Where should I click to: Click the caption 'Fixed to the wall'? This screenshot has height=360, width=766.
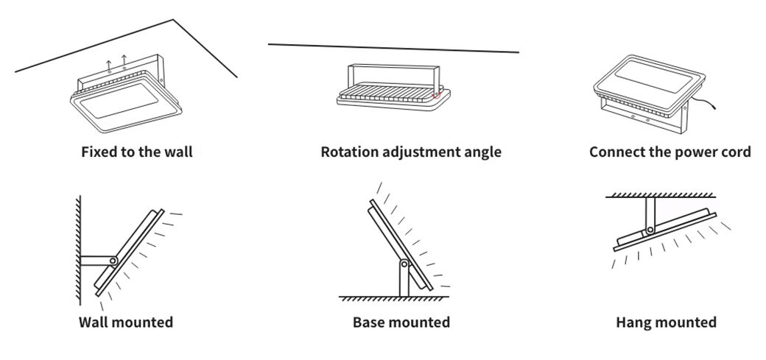tap(137, 152)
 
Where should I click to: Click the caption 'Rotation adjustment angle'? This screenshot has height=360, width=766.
tap(411, 152)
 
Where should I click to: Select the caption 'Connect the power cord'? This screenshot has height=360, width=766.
tap(670, 152)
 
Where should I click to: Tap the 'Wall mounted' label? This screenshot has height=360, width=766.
tap(126, 322)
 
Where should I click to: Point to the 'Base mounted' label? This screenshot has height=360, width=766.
tap(401, 322)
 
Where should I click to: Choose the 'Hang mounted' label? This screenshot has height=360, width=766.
tap(666, 322)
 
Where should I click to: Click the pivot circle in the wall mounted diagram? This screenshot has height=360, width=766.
tap(113, 261)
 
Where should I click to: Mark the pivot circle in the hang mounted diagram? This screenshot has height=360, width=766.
tap(650, 231)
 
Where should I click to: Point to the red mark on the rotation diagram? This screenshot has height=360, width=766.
tap(435, 94)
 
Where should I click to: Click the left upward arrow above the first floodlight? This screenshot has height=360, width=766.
tap(109, 64)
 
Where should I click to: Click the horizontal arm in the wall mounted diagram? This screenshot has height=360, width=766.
tap(94, 260)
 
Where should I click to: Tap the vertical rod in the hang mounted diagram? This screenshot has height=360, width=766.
tap(650, 213)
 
